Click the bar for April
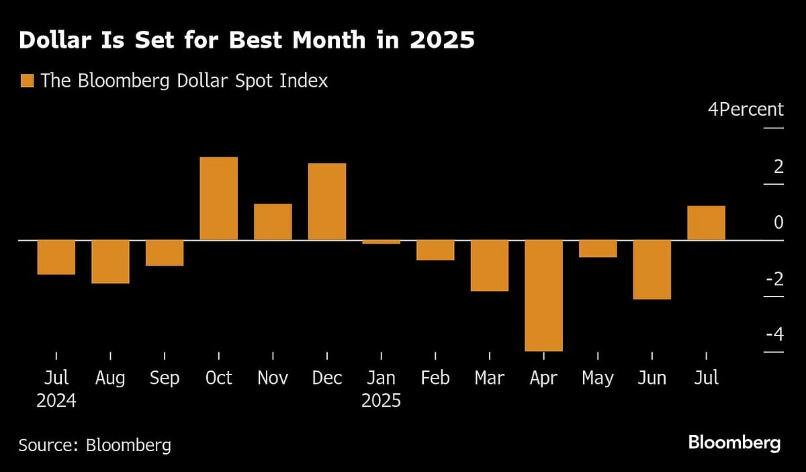(x=543, y=295)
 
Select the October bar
(x=219, y=198)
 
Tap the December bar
(x=327, y=202)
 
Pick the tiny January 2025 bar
(x=381, y=241)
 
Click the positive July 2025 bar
(x=706, y=223)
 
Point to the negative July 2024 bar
(x=56, y=257)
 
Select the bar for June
(x=652, y=269)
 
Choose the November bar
(x=273, y=222)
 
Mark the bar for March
(x=489, y=265)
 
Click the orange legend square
(x=27, y=81)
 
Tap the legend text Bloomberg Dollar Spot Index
(x=184, y=81)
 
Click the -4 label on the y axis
(x=774, y=334)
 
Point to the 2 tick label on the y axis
(x=778, y=166)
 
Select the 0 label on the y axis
(x=778, y=223)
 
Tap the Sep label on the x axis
(x=165, y=379)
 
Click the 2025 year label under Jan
(x=381, y=401)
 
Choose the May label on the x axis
(x=597, y=379)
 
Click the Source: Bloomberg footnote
(x=95, y=444)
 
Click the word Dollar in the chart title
(x=56, y=41)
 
